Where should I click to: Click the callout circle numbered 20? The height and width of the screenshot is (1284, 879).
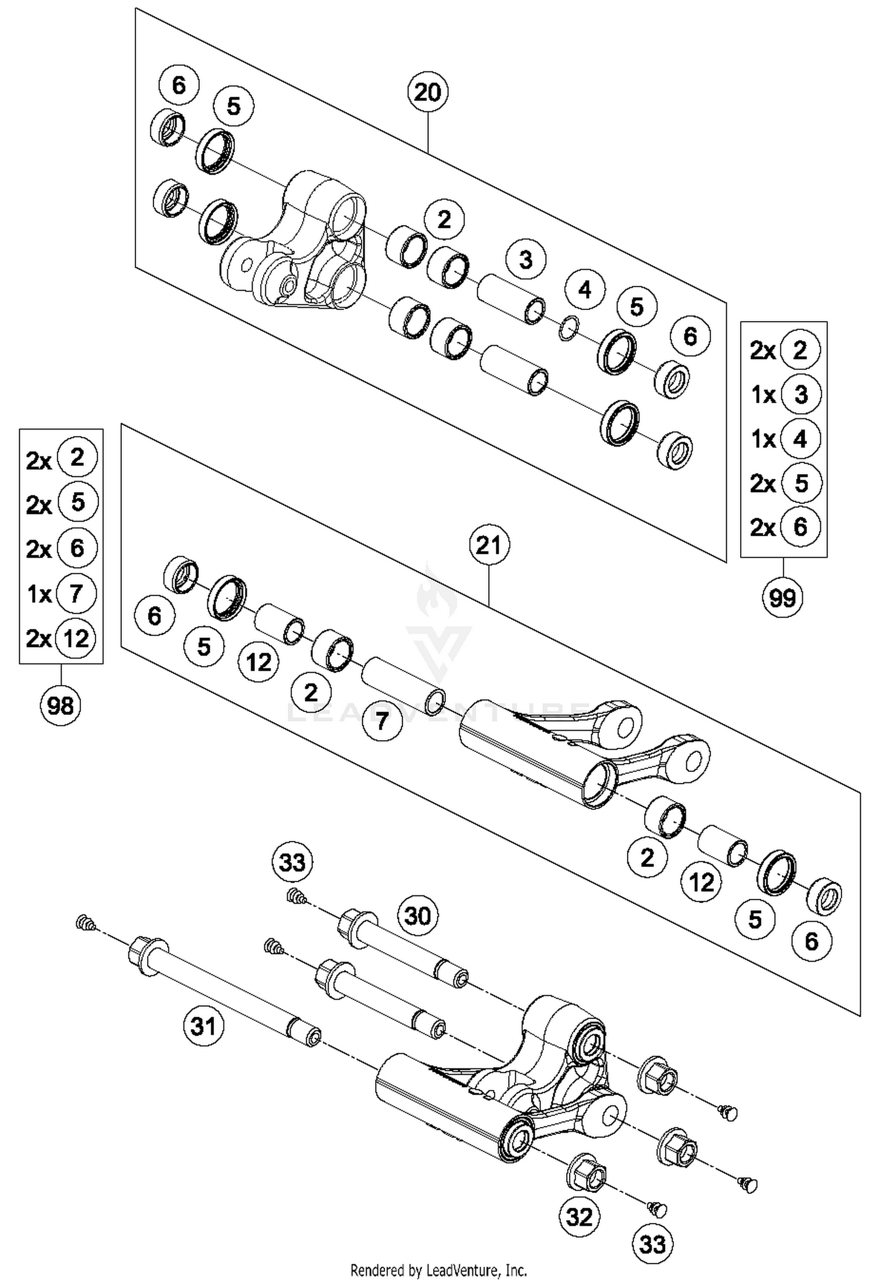click(x=427, y=93)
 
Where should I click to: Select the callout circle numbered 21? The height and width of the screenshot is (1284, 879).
click(x=489, y=546)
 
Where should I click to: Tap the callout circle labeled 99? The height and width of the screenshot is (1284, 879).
click(x=782, y=598)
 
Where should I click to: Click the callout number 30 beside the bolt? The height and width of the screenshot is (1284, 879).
click(x=417, y=915)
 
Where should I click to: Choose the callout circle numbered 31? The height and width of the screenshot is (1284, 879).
click(x=203, y=1026)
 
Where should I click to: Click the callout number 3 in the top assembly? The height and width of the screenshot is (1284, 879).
click(x=526, y=258)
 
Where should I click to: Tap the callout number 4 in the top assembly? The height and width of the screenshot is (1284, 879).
click(x=584, y=290)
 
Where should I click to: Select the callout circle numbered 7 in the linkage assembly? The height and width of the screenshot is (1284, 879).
click(x=382, y=720)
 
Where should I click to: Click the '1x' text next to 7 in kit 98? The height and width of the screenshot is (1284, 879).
click(x=40, y=594)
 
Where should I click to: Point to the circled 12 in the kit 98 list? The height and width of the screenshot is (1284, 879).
click(x=76, y=638)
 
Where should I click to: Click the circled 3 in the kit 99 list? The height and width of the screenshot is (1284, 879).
click(x=800, y=394)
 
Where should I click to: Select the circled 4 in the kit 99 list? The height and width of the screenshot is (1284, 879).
click(x=800, y=438)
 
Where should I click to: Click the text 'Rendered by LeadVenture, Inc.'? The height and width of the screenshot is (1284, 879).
click(x=438, y=1270)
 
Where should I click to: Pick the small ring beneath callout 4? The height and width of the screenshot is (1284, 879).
click(x=568, y=328)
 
